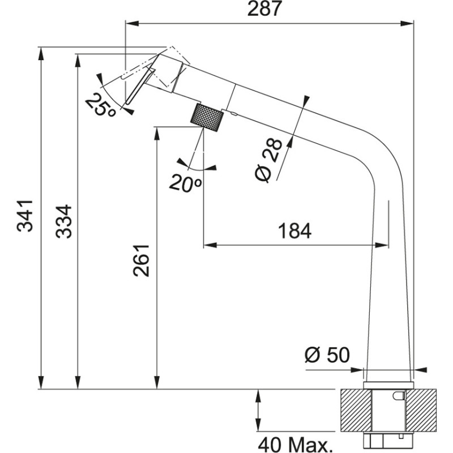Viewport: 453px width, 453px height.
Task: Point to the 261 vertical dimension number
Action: (x=142, y=260)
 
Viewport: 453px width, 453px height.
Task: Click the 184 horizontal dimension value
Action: (x=294, y=231)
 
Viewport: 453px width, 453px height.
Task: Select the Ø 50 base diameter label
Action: (x=327, y=355)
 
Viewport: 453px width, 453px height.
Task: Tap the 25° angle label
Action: (x=101, y=104)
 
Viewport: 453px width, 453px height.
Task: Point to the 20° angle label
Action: (x=185, y=182)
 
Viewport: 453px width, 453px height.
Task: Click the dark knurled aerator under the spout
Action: (x=207, y=117)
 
